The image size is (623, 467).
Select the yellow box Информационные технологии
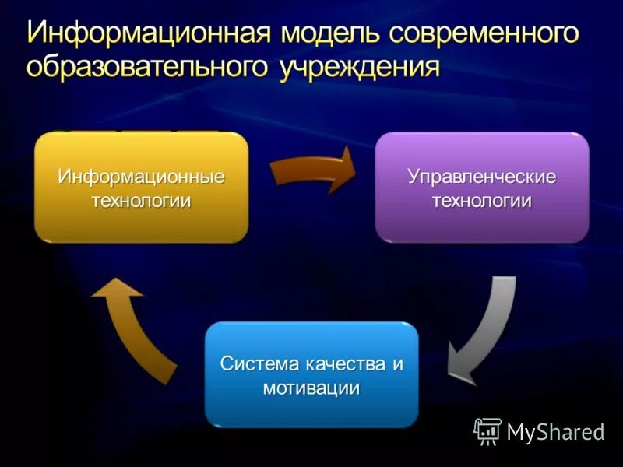point(141,187)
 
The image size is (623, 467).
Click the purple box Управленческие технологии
point(482,187)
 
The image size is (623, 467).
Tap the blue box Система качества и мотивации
point(311,374)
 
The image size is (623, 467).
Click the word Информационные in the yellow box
point(141,177)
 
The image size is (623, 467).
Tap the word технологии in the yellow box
point(141,201)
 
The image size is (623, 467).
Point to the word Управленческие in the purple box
point(482,177)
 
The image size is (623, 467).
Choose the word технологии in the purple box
point(482,201)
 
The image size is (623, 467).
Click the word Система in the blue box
point(254,364)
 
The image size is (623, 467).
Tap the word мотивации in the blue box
point(311,388)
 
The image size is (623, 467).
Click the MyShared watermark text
point(555,432)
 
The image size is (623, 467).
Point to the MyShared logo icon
point(487,431)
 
